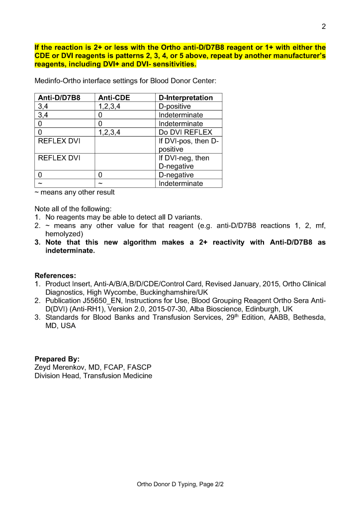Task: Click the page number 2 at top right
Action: tap(324, 26)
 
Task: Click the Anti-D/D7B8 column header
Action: tap(59, 98)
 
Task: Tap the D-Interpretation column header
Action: tap(185, 98)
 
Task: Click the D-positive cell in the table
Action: tap(175, 106)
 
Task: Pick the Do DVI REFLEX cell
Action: tap(185, 132)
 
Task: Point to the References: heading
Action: tap(55, 275)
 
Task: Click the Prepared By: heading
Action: tap(57, 359)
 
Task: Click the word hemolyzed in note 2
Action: tap(64, 234)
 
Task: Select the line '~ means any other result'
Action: tap(75, 192)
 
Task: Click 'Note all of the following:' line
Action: tap(73, 209)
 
